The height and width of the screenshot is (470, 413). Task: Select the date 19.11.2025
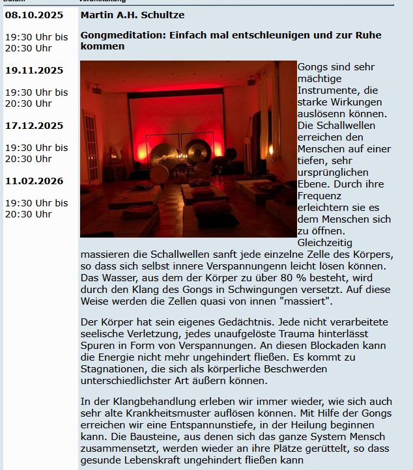click(34, 70)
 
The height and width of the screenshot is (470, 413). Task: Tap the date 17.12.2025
click(34, 126)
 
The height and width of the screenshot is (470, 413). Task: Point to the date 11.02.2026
click(34, 181)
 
